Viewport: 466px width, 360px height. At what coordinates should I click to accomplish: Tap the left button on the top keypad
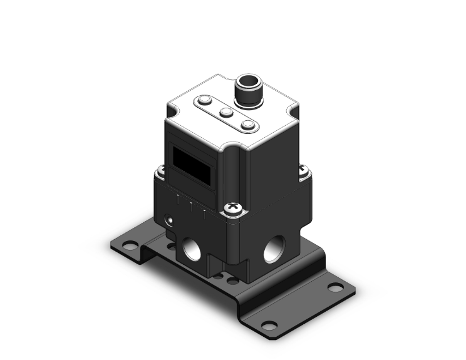coord(205,100)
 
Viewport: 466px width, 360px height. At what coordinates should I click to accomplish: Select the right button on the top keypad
coord(248,126)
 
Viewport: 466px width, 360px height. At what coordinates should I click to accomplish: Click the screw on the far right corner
coord(304,170)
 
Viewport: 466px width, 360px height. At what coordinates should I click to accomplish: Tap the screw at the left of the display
coord(160,169)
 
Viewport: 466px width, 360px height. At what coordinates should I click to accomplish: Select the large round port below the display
coord(190,251)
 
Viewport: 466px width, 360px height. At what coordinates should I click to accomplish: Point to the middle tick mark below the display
coord(192,205)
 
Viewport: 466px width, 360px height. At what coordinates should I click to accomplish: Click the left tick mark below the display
coord(179,198)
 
